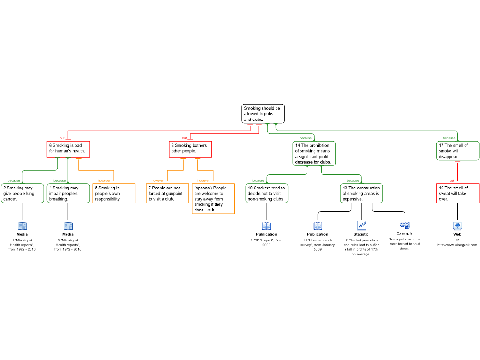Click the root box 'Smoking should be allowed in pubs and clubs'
pos(262,114)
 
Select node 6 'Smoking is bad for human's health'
pos(68,149)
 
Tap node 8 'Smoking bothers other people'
pos(190,149)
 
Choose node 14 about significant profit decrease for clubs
pos(315,154)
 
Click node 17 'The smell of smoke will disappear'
pos(458,151)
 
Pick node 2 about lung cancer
pos(22,193)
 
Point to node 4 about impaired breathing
pos(68,193)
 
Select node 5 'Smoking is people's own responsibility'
pos(114,193)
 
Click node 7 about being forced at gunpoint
pos(167,193)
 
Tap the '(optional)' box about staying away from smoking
pos(213,199)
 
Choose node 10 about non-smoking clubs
pos(267,193)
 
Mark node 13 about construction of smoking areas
pos(361,193)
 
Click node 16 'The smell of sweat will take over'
pos(457,193)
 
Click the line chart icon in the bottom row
pos(361,226)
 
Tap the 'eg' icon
pos(405,225)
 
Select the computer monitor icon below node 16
pos(457,226)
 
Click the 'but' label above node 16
pos(452,180)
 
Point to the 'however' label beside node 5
pos(104,180)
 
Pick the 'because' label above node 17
pos(450,138)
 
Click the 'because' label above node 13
pos(353,180)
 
